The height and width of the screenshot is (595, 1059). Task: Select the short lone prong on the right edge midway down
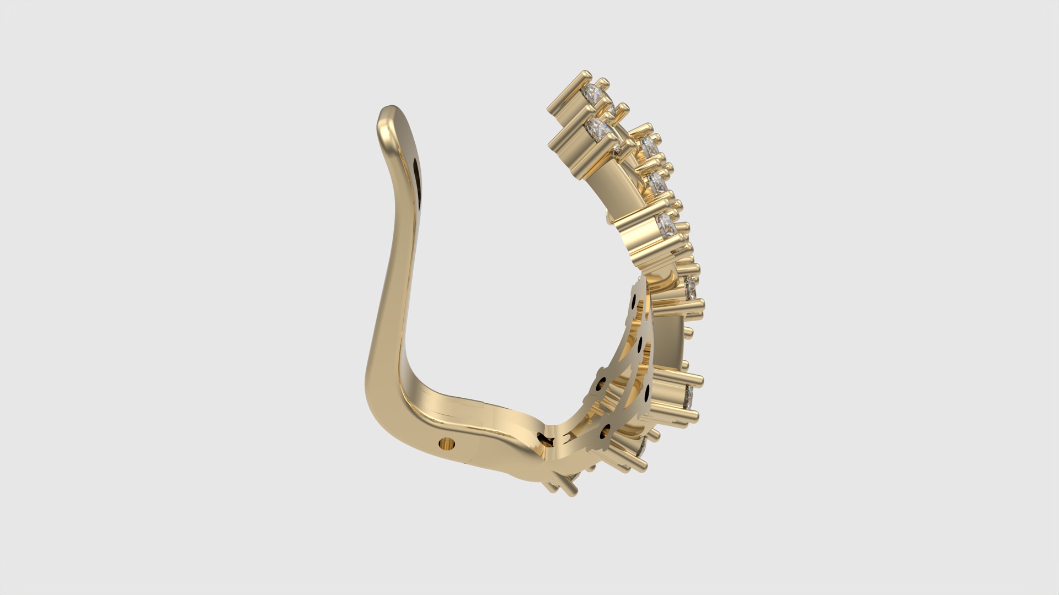[688, 331]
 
